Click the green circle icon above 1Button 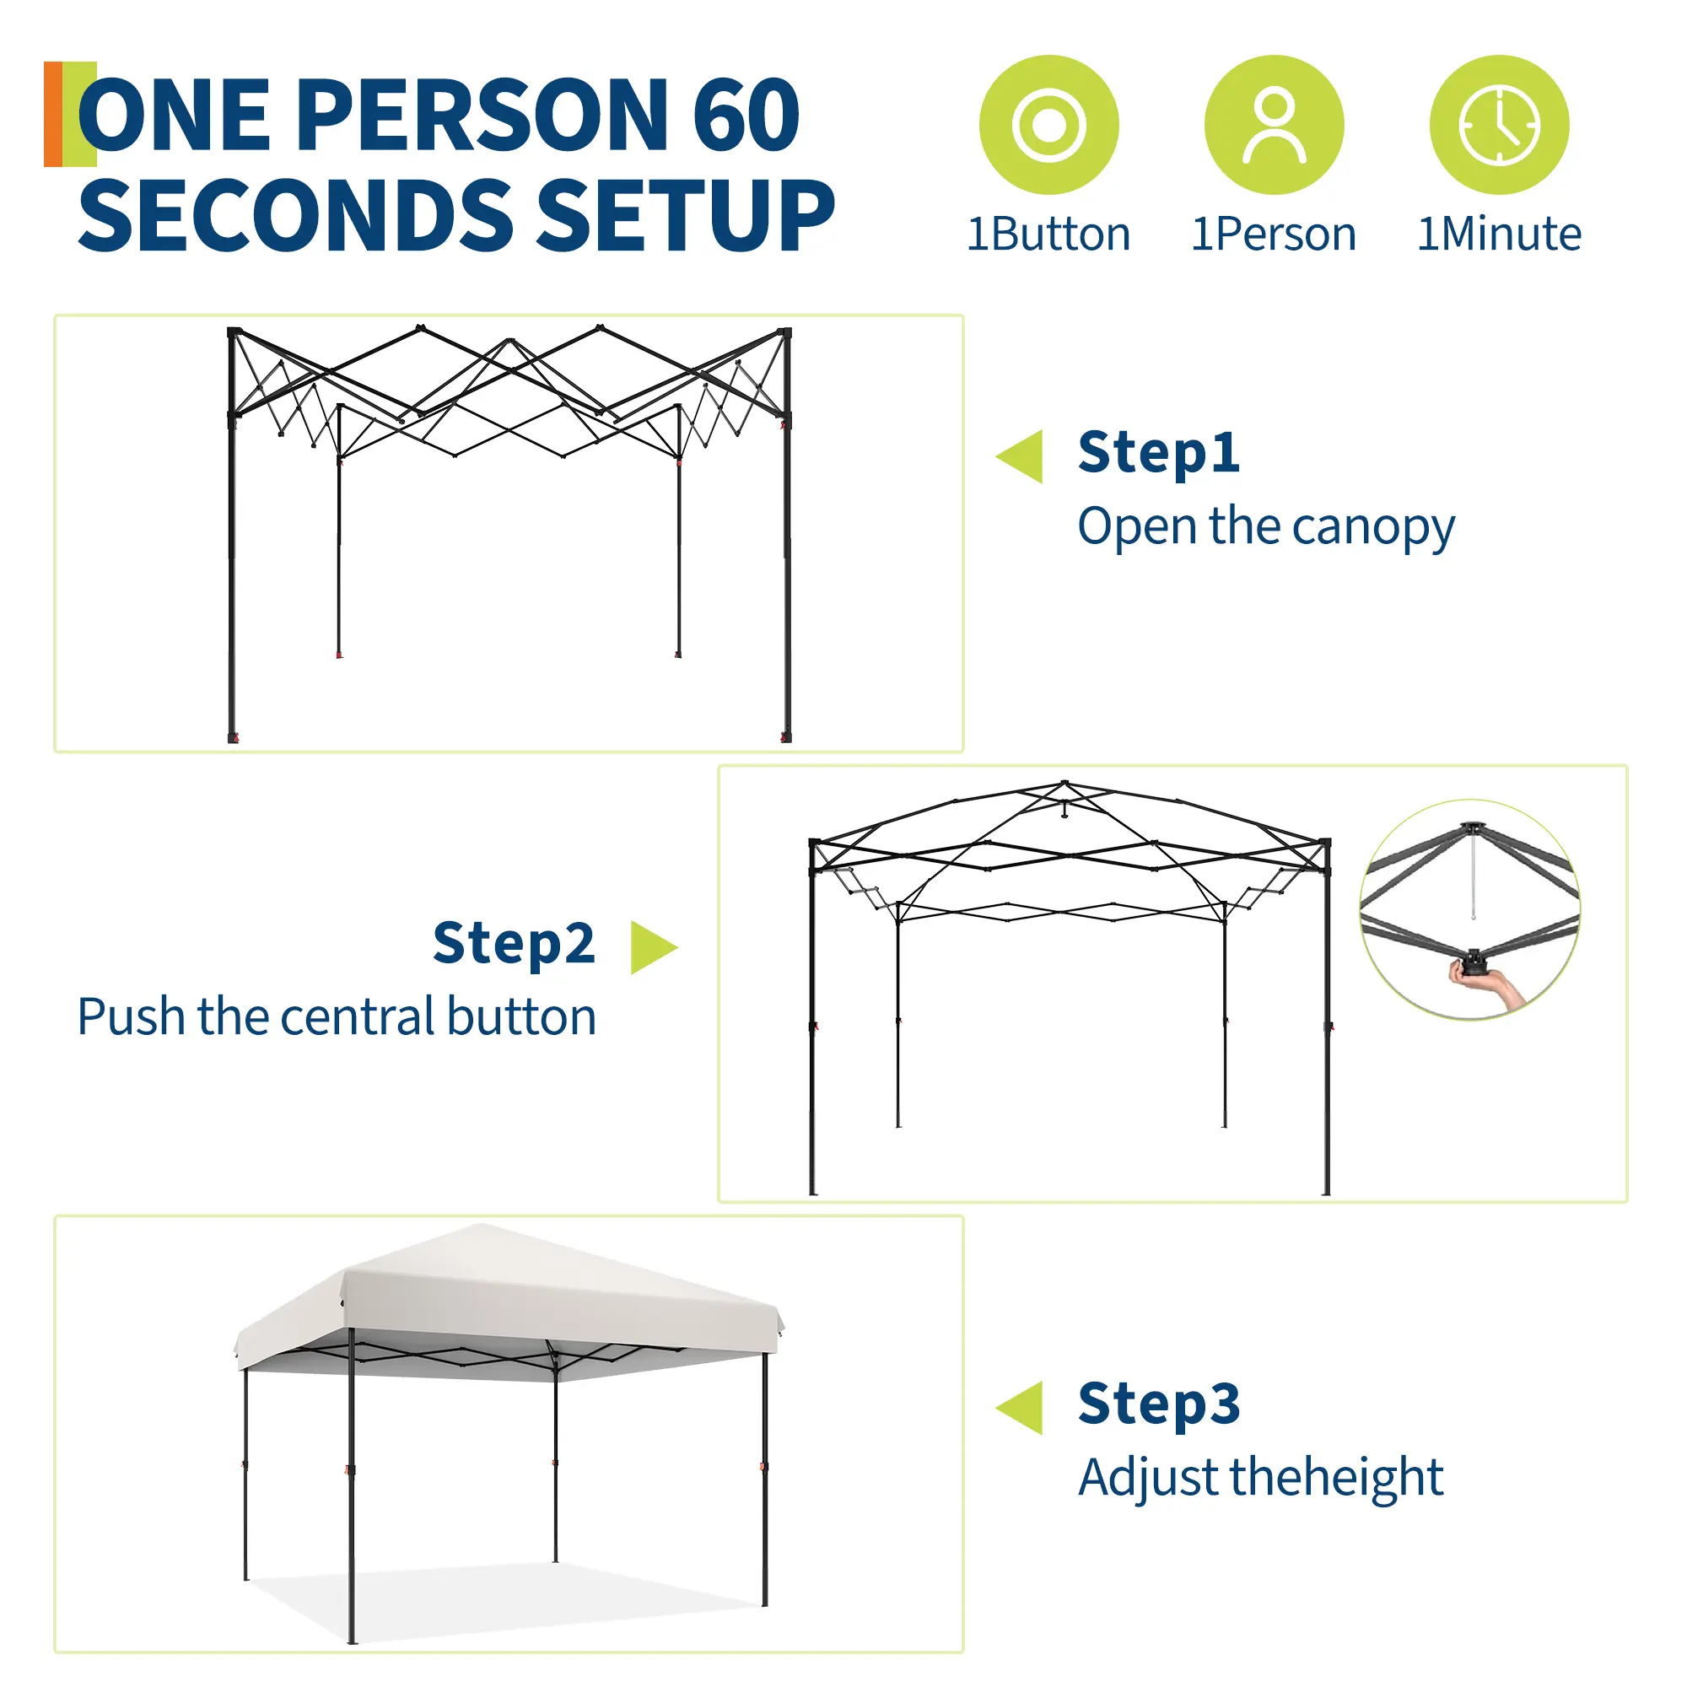pos(1048,125)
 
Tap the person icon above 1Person pos(1274,125)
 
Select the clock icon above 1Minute pos(1499,125)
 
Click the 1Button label pos(1048,234)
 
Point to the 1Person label pos(1274,234)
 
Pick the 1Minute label pos(1499,234)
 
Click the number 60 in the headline pos(746,115)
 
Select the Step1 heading pos(1159,452)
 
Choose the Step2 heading pos(515,943)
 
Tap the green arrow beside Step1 pos(1020,455)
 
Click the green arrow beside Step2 pos(654,947)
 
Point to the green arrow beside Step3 pos(1020,1408)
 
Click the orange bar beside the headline pos(53,115)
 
